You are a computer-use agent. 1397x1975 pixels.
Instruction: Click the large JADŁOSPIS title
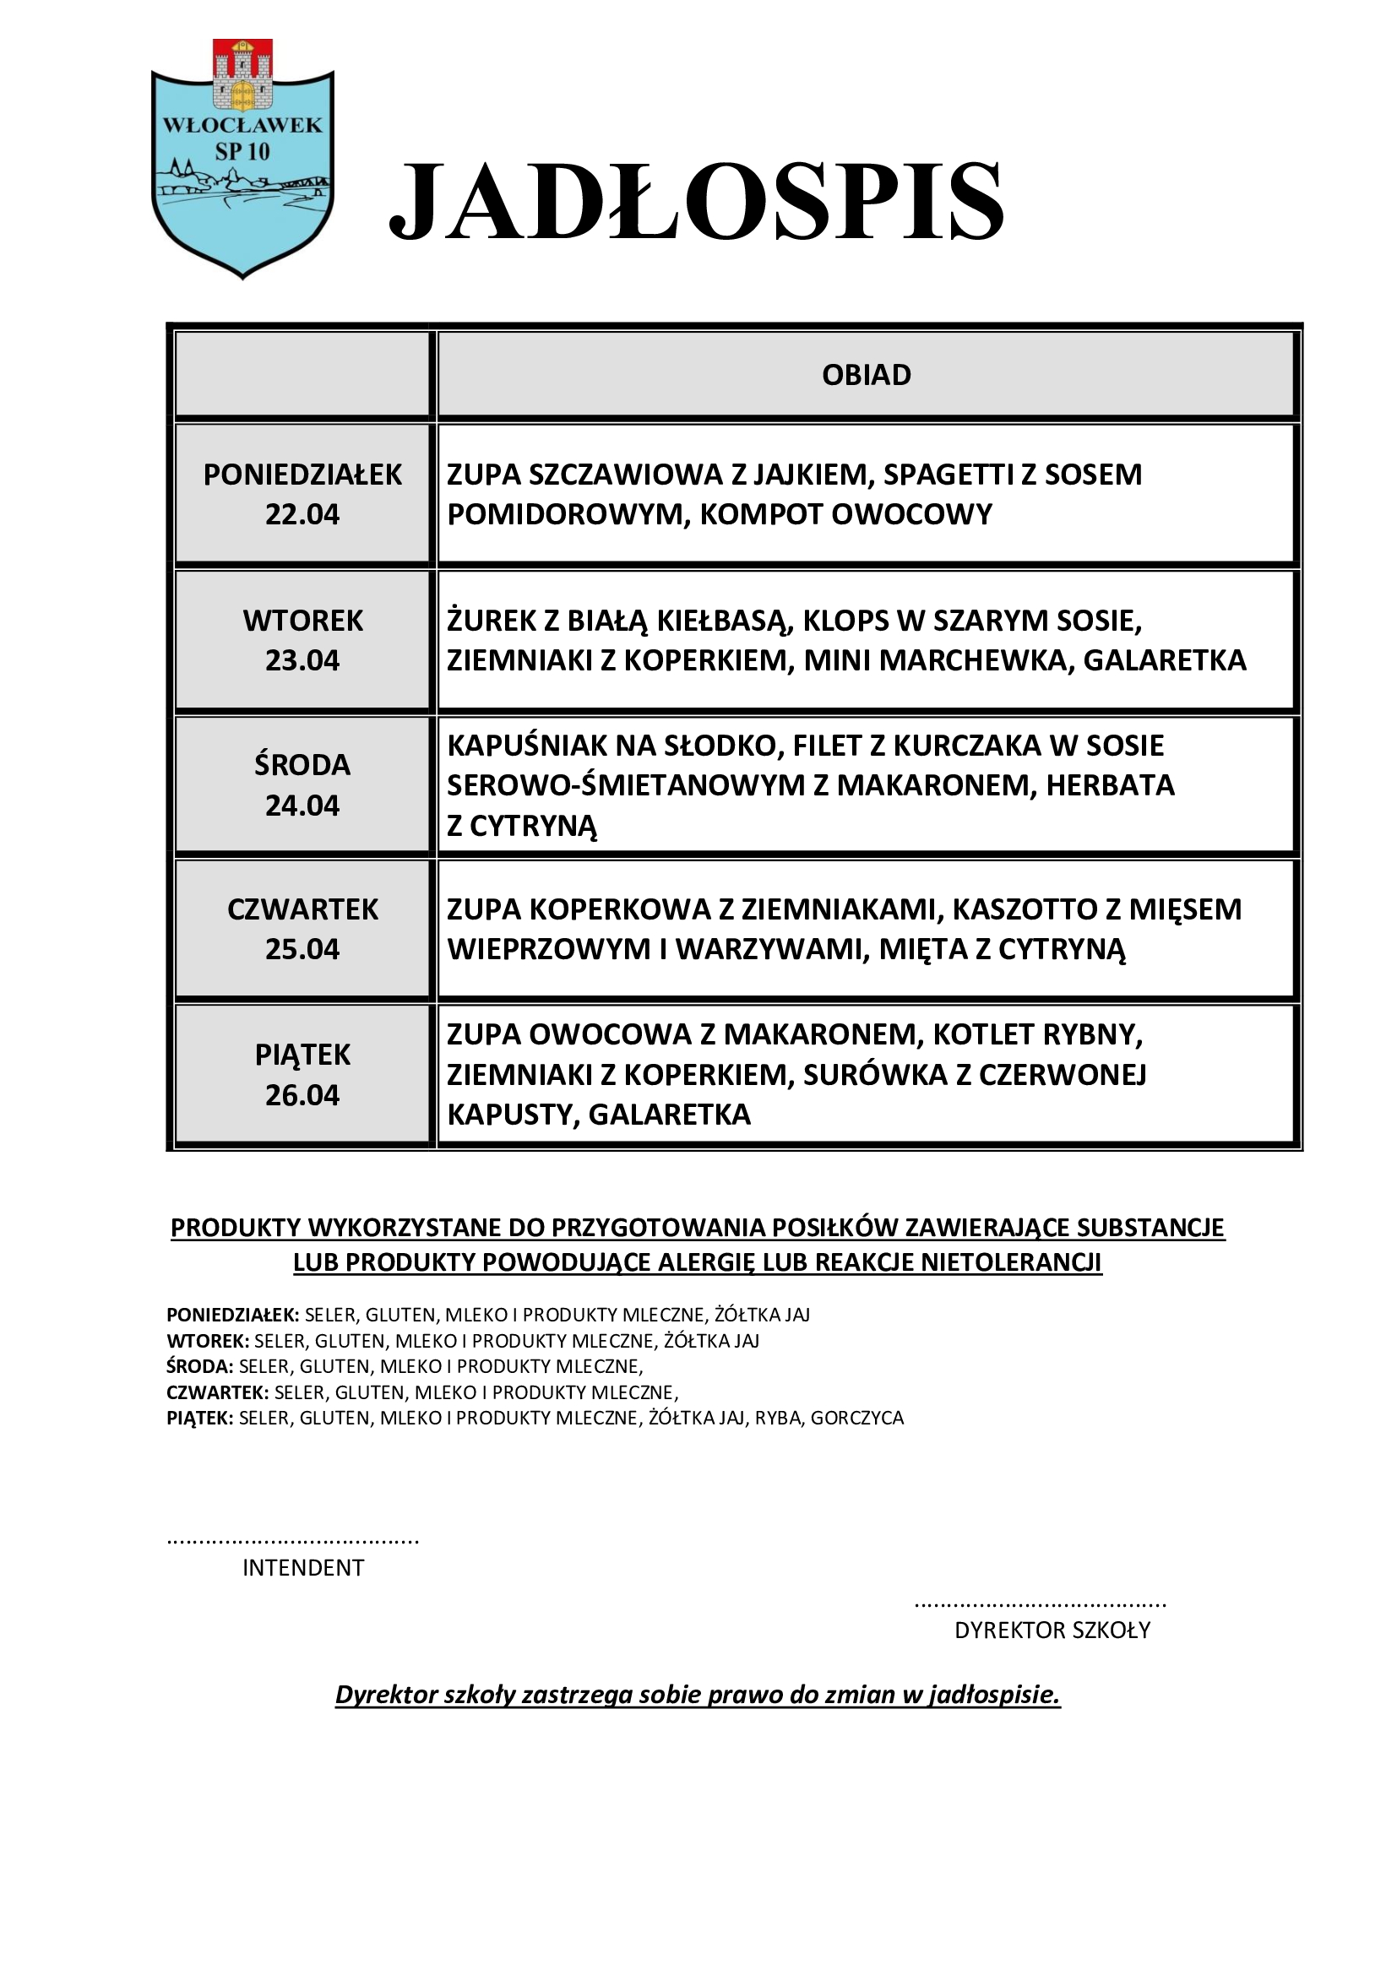697,202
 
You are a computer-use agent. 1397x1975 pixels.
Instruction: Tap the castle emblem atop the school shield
242,75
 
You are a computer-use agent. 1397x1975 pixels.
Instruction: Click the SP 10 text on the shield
242,151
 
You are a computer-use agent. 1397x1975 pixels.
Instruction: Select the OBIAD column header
867,375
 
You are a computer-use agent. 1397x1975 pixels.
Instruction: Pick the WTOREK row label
303,621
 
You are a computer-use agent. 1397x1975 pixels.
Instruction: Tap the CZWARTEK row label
303,909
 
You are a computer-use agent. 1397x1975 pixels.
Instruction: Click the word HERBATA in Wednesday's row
1110,785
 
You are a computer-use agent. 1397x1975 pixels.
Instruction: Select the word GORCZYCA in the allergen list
856,1419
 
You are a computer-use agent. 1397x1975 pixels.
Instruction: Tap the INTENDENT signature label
303,1568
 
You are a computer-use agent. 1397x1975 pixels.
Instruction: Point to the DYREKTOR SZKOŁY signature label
1052,1630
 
